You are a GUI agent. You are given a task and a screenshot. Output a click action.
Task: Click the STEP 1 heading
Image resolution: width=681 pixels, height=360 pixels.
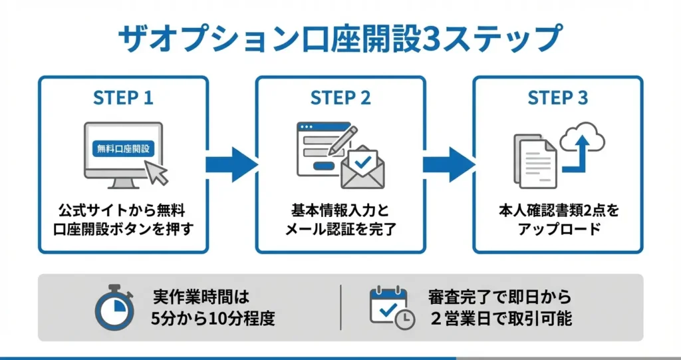click(123, 98)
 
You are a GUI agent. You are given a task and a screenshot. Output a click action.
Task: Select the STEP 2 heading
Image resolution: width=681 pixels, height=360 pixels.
click(340, 98)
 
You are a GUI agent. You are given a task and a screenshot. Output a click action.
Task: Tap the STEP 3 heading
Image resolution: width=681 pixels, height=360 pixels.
click(557, 98)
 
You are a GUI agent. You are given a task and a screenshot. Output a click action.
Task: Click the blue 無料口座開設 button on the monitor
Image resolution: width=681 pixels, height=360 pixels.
click(124, 148)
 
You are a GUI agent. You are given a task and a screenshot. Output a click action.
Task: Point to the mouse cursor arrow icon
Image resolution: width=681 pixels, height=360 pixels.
click(157, 172)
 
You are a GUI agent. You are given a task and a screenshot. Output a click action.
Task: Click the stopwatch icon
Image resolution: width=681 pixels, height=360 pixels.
click(114, 308)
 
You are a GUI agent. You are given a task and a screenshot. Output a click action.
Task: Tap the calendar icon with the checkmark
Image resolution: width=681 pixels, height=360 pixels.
click(390, 307)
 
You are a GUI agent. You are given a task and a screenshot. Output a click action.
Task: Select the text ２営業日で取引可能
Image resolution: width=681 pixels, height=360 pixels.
click(500, 318)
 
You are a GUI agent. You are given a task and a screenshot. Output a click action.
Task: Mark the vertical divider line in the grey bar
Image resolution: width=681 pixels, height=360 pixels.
click(341, 307)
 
